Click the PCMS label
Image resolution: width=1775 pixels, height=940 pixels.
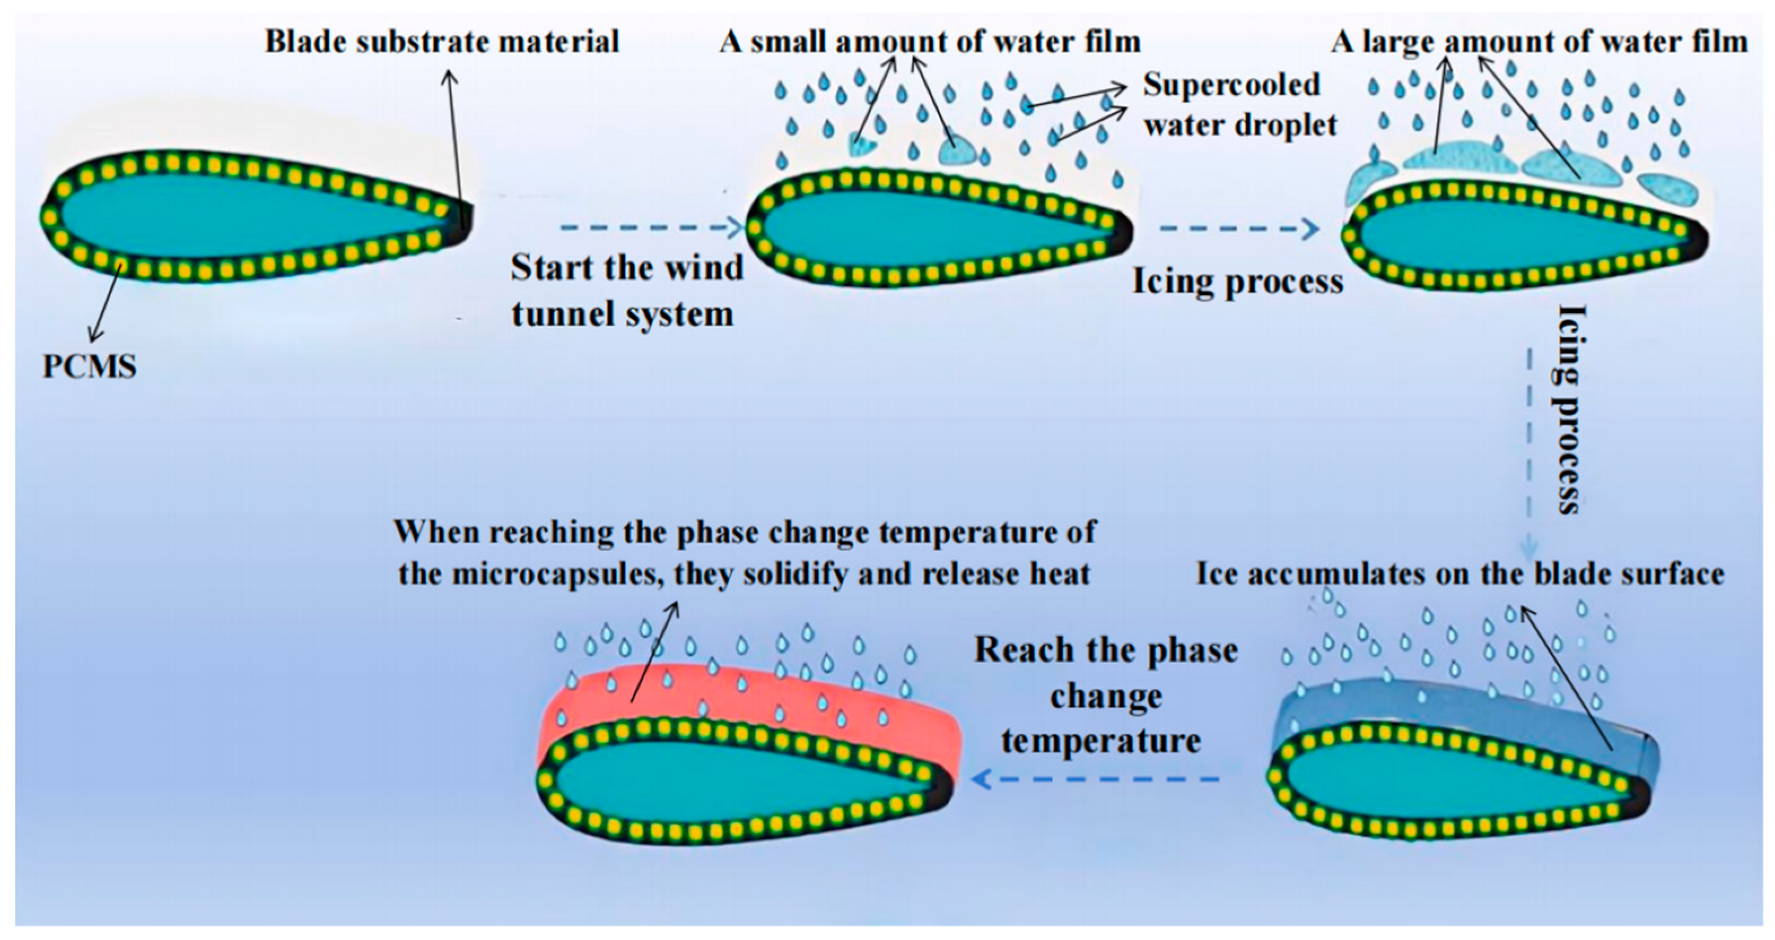tap(90, 366)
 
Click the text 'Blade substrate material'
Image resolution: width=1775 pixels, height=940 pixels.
tap(443, 41)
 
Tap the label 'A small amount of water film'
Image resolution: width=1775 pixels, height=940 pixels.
tap(930, 41)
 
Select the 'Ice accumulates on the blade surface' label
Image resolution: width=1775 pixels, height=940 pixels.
tap(1460, 574)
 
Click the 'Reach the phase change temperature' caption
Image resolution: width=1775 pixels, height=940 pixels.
tap(1105, 696)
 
